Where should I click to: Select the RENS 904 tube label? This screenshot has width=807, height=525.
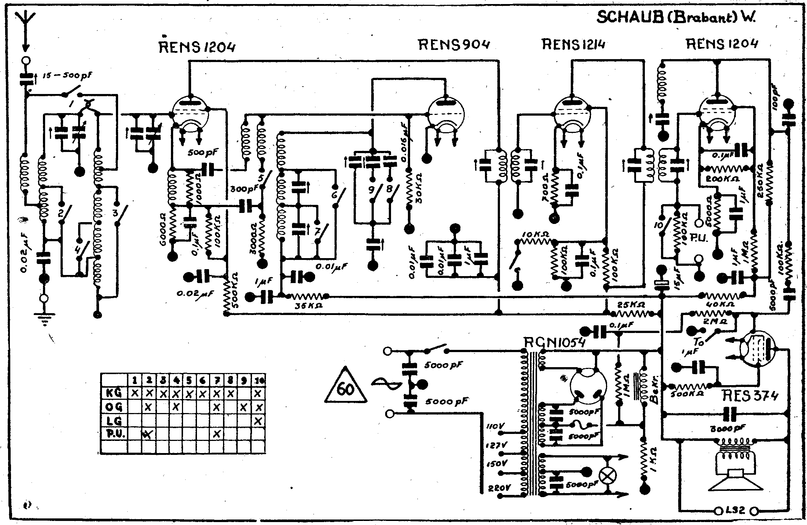pyautogui.click(x=454, y=45)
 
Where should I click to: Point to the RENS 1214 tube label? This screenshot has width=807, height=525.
pyautogui.click(x=573, y=45)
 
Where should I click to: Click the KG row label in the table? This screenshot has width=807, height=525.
pyautogui.click(x=114, y=393)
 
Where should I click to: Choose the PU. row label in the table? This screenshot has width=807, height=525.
pyautogui.click(x=114, y=434)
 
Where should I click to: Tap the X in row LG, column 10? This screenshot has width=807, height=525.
pyautogui.click(x=258, y=420)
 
